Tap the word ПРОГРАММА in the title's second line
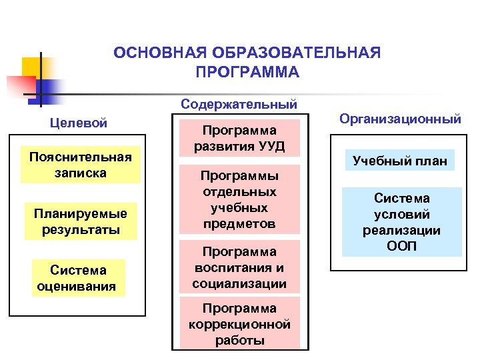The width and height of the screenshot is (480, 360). (x=248, y=71)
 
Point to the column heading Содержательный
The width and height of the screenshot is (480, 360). (x=239, y=105)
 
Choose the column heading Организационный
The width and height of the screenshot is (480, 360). (x=400, y=119)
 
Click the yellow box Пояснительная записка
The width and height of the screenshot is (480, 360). (x=80, y=165)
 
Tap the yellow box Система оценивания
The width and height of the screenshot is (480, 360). (x=78, y=278)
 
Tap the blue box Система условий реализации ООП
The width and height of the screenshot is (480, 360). (x=402, y=222)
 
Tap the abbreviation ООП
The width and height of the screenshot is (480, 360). (x=402, y=246)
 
